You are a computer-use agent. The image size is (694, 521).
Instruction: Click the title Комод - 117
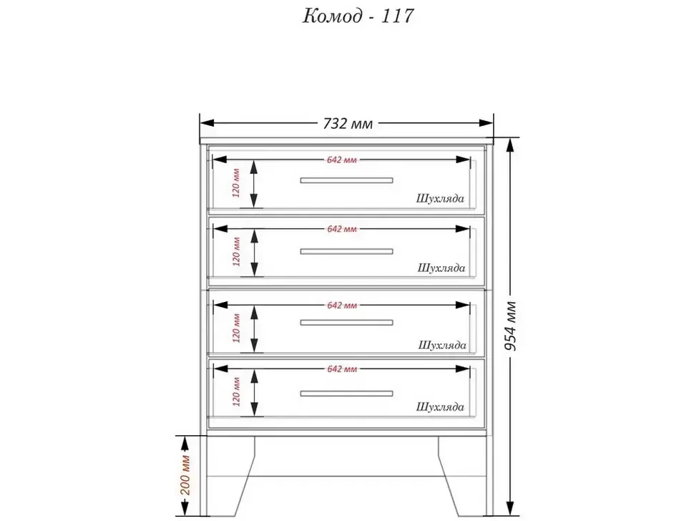click(358, 16)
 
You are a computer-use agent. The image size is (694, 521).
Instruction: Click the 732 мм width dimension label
click(348, 124)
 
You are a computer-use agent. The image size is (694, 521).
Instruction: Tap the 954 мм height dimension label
click(510, 326)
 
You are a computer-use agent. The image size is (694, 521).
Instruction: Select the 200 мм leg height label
click(185, 475)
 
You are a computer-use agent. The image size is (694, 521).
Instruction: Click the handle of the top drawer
click(346, 180)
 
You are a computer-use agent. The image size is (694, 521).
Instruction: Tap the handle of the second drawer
click(346, 251)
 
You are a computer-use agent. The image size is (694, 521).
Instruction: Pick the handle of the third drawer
click(346, 323)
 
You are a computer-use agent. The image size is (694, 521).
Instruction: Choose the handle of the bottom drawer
click(346, 394)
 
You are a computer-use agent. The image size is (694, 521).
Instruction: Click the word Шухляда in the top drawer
click(440, 198)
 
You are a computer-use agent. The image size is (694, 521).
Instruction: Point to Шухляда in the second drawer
click(441, 268)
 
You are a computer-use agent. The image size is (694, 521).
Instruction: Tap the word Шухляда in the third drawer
click(442, 345)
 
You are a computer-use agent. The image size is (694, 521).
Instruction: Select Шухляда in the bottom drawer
click(440, 406)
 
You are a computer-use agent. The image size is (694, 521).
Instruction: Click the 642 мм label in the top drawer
click(342, 160)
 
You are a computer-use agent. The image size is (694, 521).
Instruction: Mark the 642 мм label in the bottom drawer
click(342, 369)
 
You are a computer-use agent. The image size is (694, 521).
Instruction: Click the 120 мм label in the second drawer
click(236, 252)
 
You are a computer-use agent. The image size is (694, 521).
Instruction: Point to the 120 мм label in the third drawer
click(236, 328)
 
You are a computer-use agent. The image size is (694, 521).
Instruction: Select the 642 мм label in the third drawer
click(342, 306)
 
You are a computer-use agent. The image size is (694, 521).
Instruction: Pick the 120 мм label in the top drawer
click(236, 182)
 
